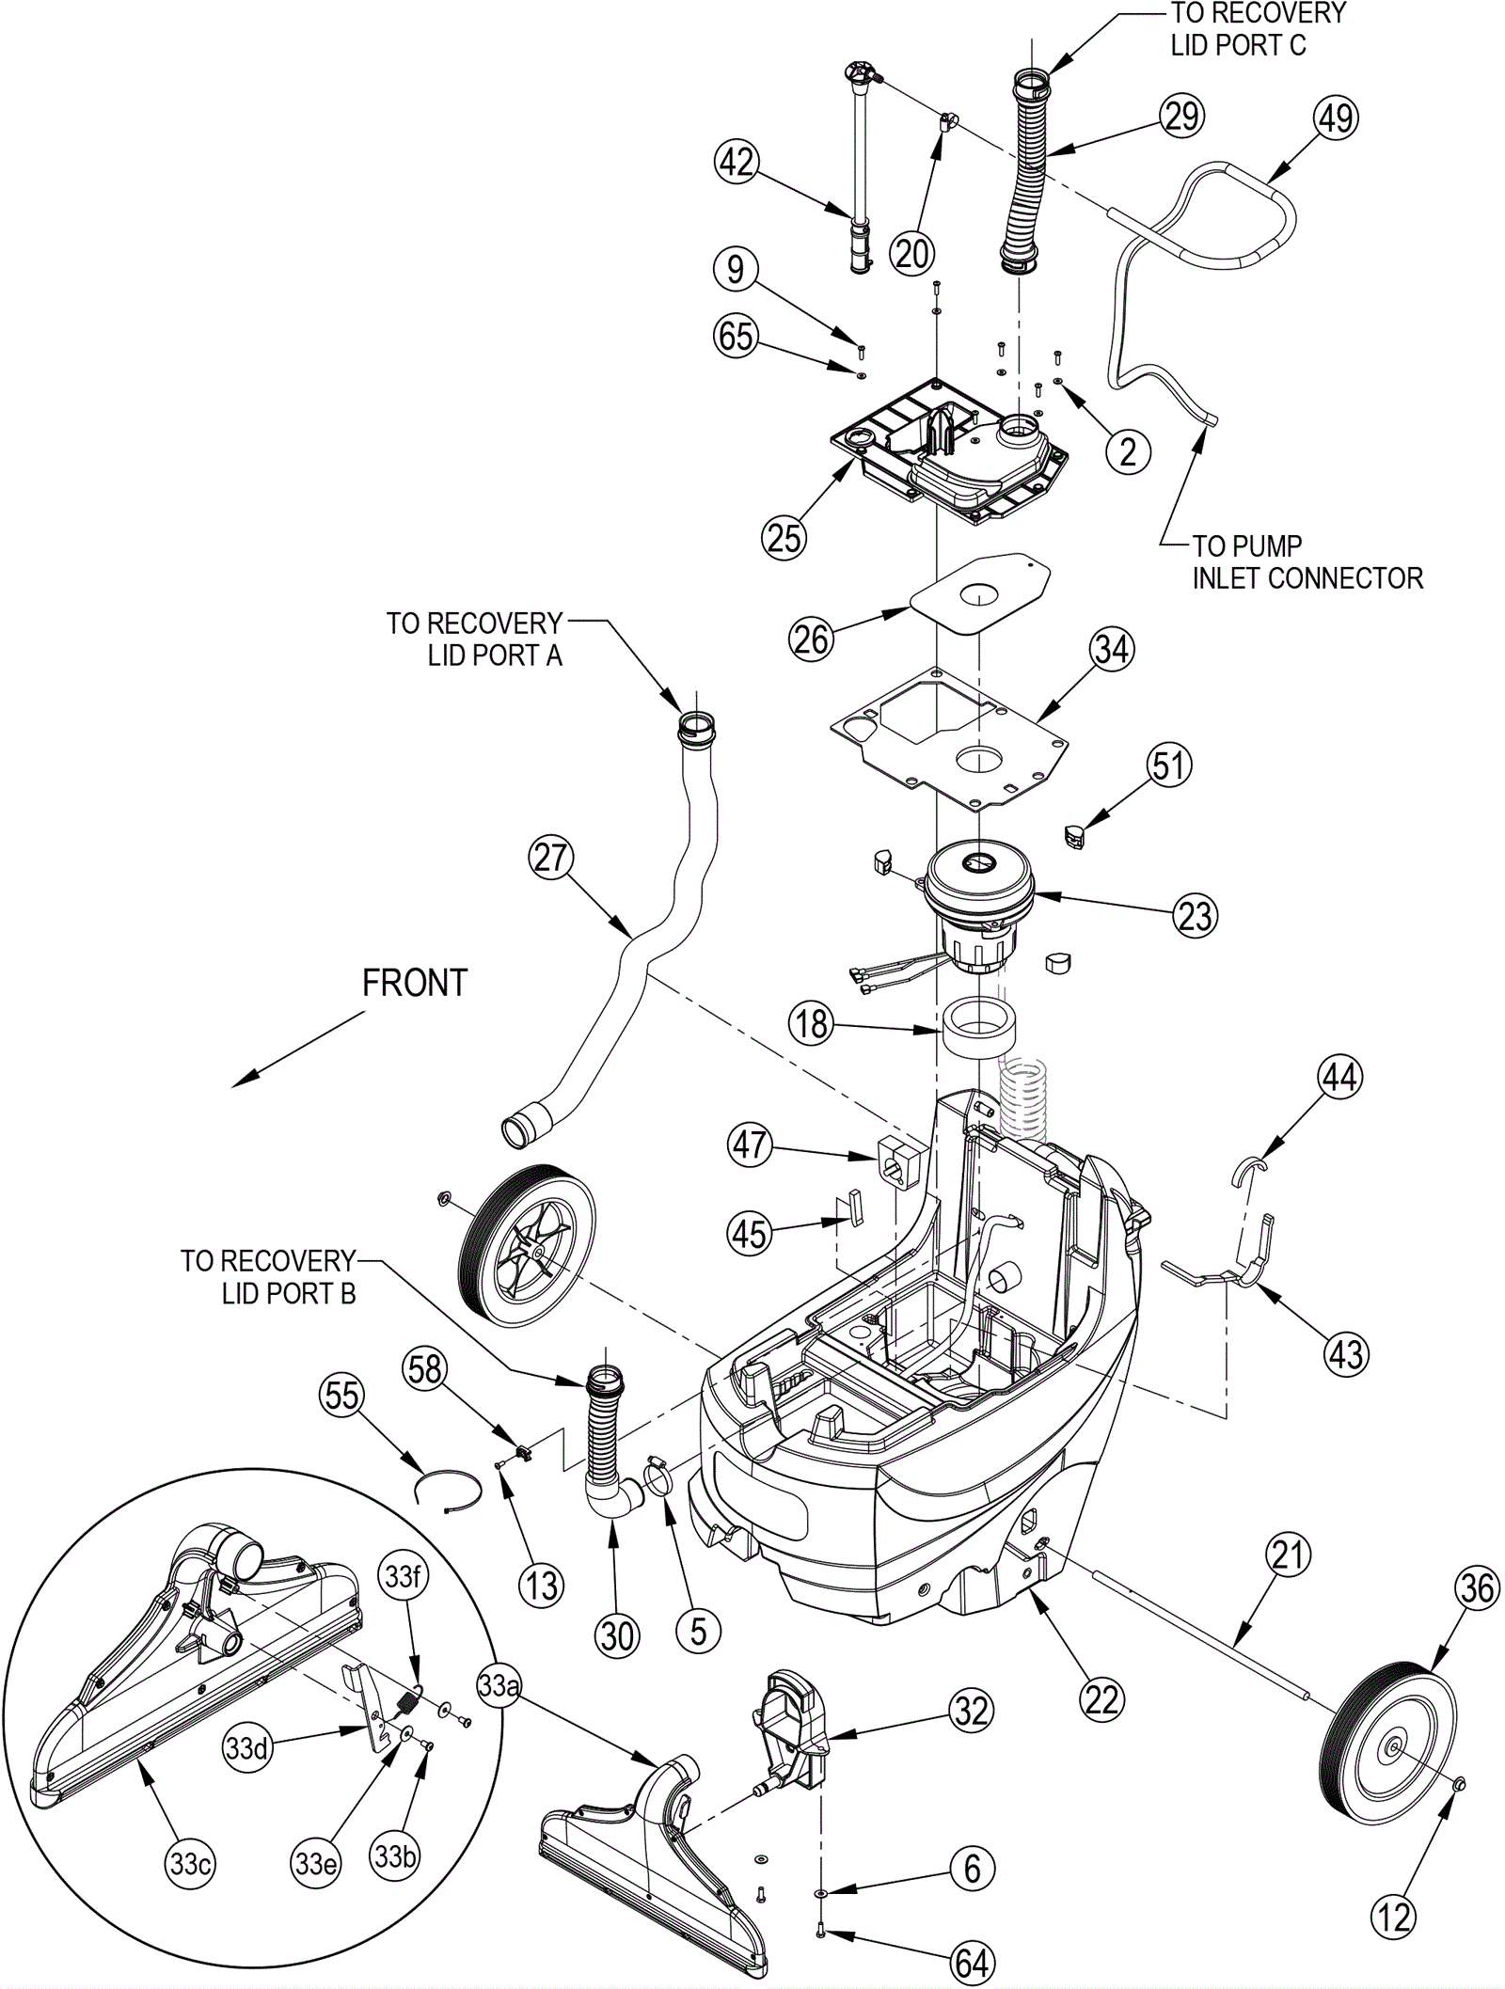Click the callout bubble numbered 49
click(x=1335, y=118)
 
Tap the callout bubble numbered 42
click(x=737, y=163)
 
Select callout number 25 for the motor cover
click(x=784, y=538)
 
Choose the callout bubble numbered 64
click(x=972, y=1963)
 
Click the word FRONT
click(x=415, y=984)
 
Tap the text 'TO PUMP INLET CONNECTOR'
click(x=1307, y=562)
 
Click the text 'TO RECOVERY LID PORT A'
click(x=475, y=639)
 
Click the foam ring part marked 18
click(x=978, y=1030)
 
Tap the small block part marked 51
click(x=1074, y=835)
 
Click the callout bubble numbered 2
click(x=1128, y=452)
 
